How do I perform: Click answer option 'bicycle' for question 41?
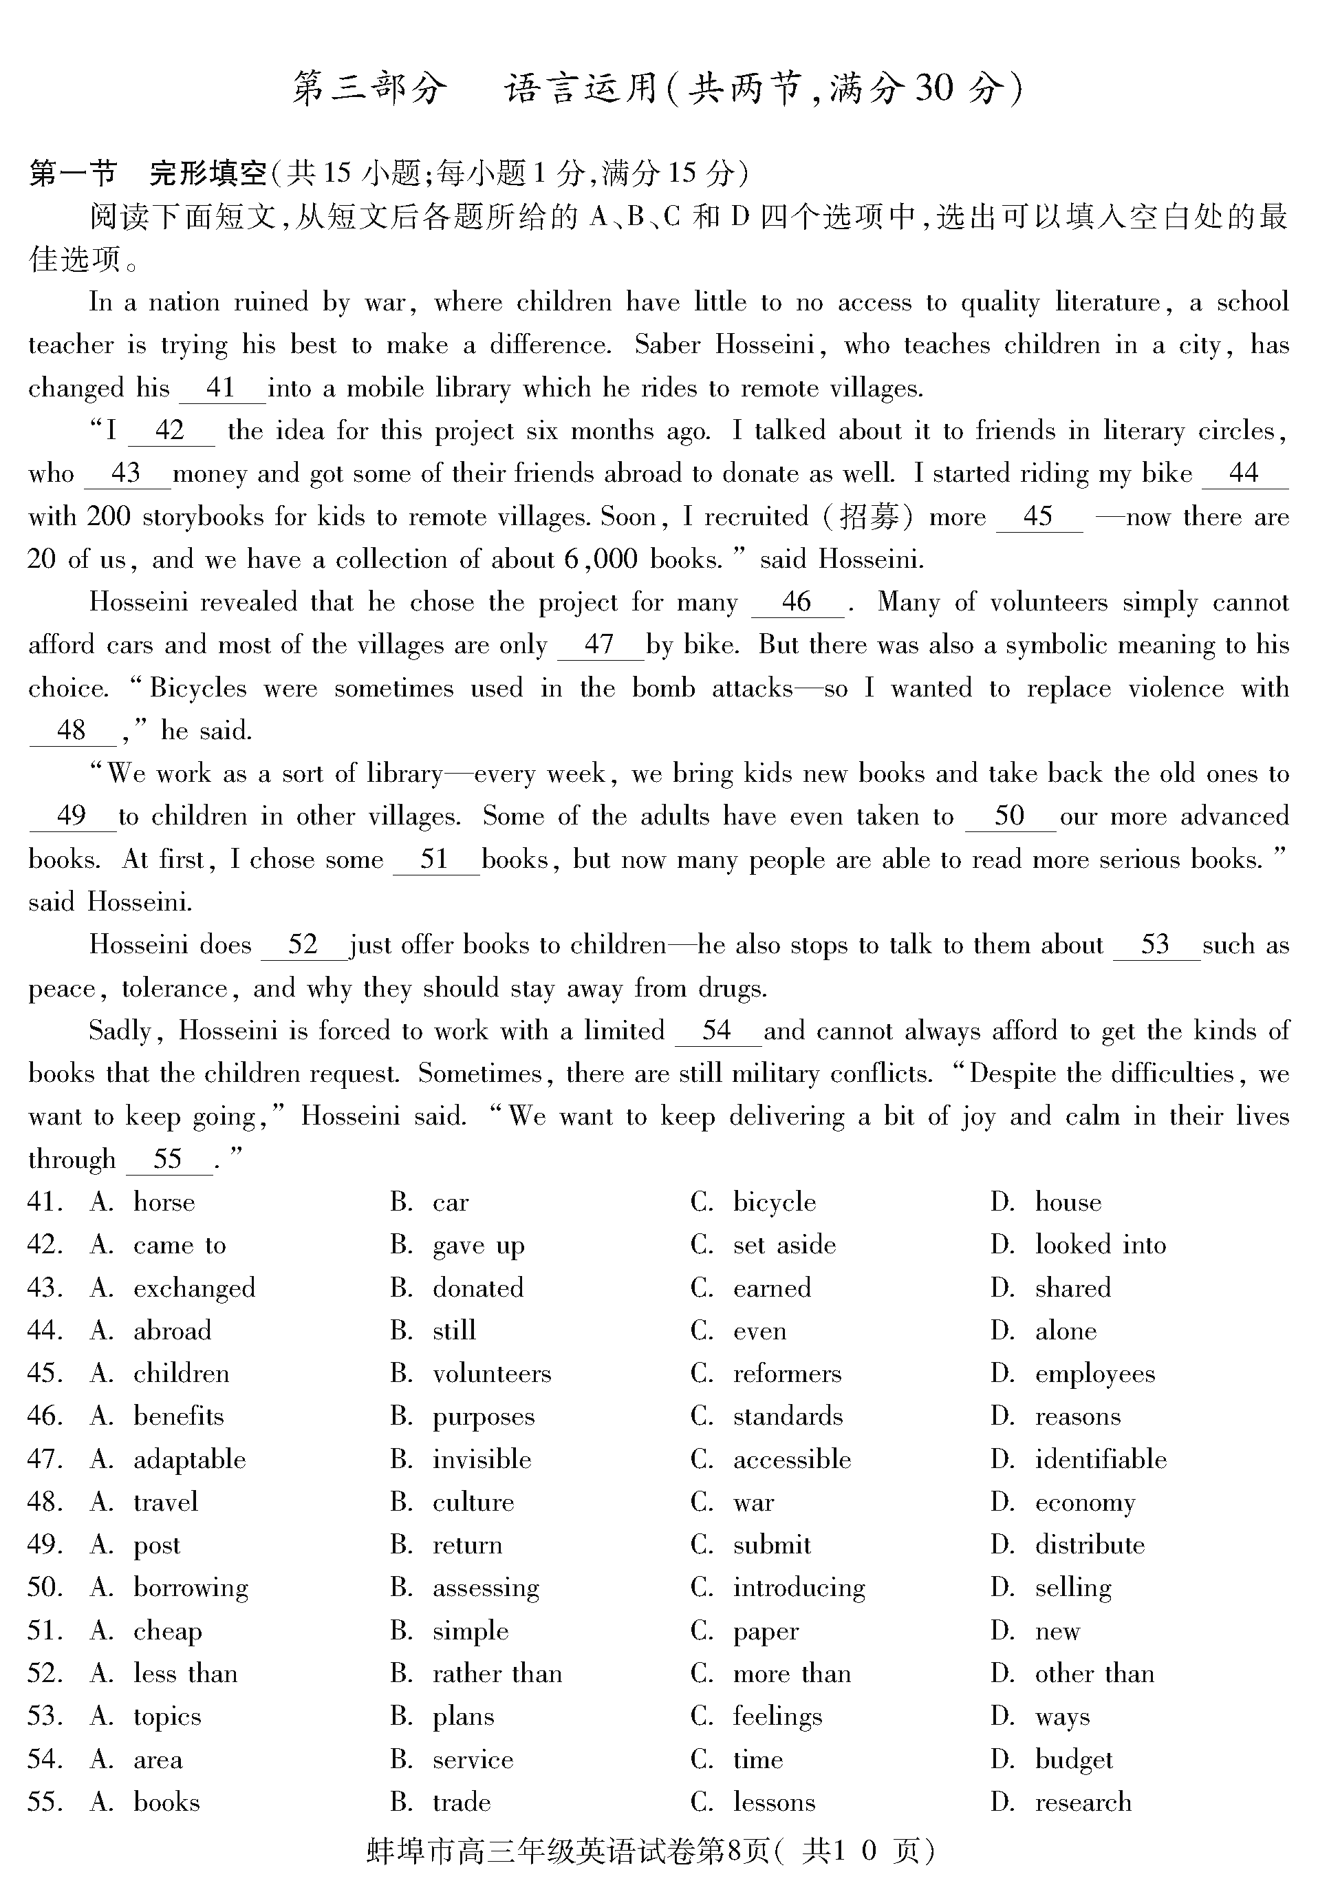pyautogui.click(x=775, y=1203)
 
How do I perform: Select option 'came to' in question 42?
pyautogui.click(x=180, y=1245)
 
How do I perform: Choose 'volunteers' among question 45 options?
pyautogui.click(x=492, y=1374)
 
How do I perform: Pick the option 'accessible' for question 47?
pyautogui.click(x=792, y=1459)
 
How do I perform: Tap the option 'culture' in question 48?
pyautogui.click(x=473, y=1502)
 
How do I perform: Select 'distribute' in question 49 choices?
pyautogui.click(x=1089, y=1545)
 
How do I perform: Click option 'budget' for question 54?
pyautogui.click(x=1073, y=1759)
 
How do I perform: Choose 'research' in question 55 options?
pyautogui.click(x=1083, y=1802)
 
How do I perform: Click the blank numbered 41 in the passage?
pyautogui.click(x=222, y=388)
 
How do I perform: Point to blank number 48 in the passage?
pyautogui.click(x=72, y=730)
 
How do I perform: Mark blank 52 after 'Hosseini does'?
pyautogui.click(x=303, y=944)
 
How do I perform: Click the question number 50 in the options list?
pyautogui.click(x=45, y=1588)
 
